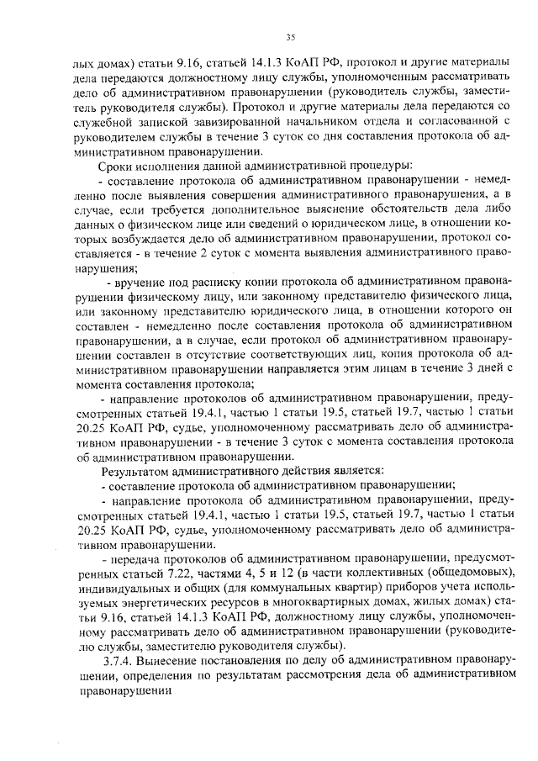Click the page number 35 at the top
tap(292, 37)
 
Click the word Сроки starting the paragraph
tap(118, 166)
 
